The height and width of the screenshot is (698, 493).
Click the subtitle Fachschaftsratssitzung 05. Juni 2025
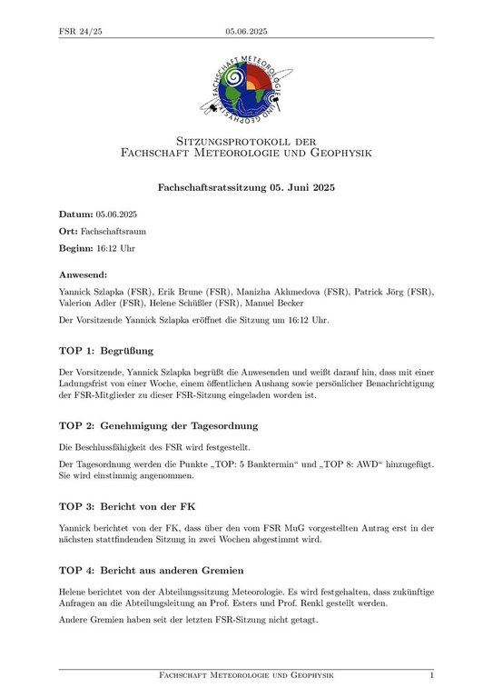[x=247, y=187]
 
